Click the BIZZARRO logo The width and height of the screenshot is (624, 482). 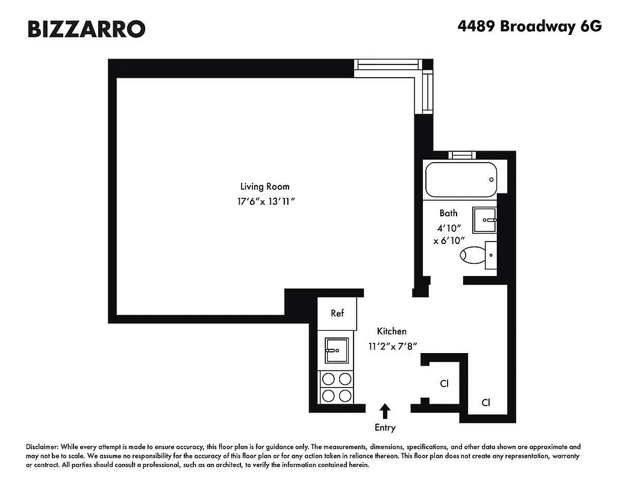[x=86, y=28]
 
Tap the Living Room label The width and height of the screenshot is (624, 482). [x=261, y=186]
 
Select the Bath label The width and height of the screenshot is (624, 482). [x=448, y=213]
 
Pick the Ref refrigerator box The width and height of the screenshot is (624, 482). [x=337, y=313]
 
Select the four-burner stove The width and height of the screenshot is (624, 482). [x=337, y=387]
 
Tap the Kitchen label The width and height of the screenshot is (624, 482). [x=392, y=331]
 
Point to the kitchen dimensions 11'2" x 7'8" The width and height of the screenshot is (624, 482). [x=393, y=346]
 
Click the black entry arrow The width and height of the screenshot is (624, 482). [x=385, y=411]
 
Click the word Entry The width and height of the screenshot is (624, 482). [x=385, y=428]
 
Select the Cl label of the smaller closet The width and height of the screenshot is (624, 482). [x=445, y=383]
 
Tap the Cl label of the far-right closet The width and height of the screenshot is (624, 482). [x=485, y=402]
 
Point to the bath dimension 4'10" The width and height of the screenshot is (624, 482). [x=448, y=228]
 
